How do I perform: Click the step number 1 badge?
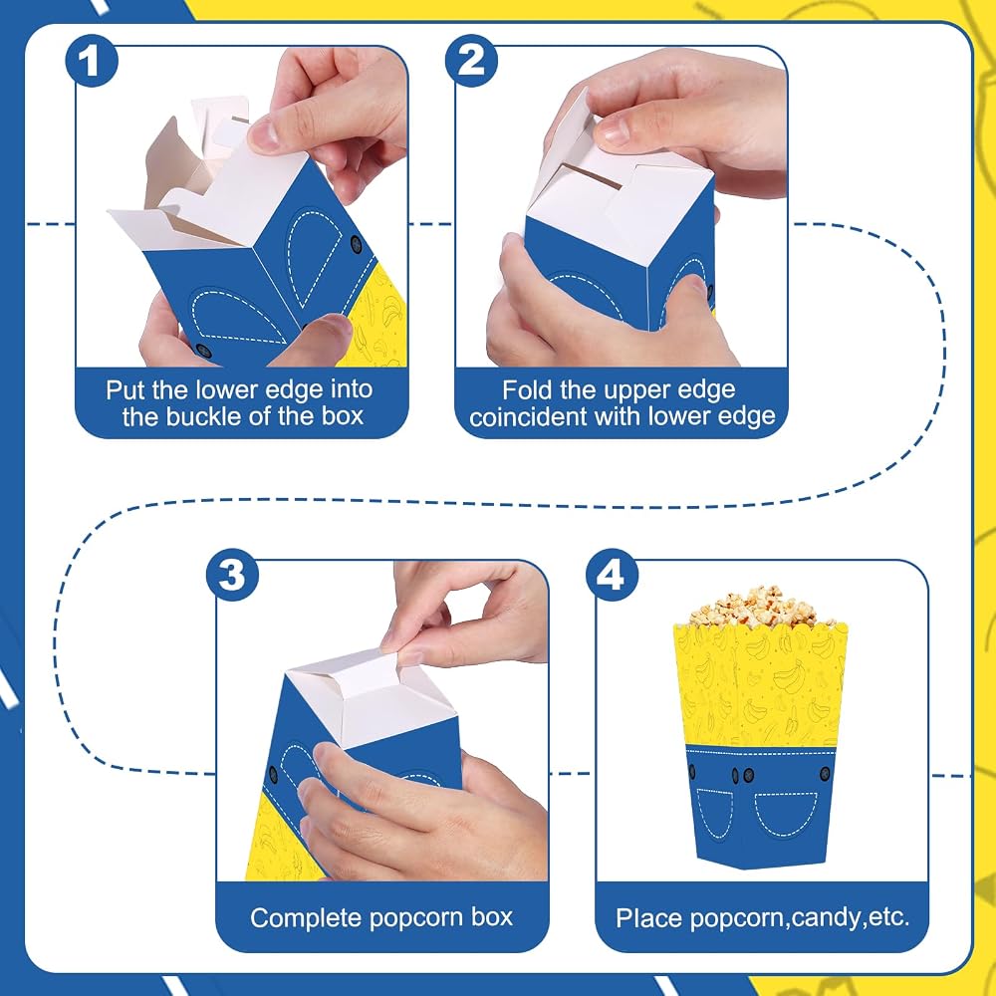(92, 61)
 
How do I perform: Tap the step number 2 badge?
(471, 61)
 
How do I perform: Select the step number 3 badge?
(232, 575)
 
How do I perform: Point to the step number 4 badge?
(612, 575)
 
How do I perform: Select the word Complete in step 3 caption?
(306, 918)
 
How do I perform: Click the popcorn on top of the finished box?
(753, 606)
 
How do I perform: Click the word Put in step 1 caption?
(124, 390)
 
